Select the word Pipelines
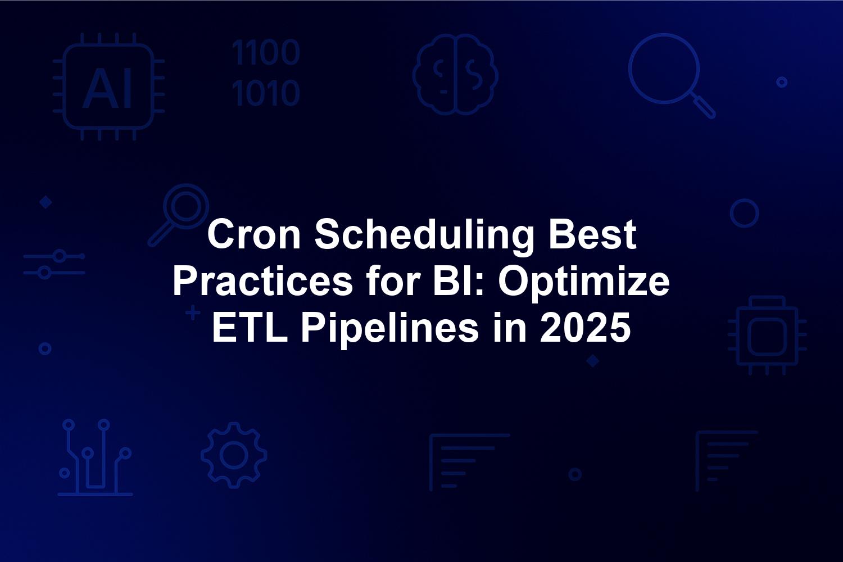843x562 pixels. [x=389, y=331]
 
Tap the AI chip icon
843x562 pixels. [x=108, y=87]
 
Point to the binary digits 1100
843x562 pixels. [x=266, y=52]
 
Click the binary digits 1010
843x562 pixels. [x=266, y=93]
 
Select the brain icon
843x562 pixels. [x=455, y=74]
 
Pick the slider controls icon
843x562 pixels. [x=54, y=264]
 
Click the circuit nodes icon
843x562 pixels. [x=95, y=457]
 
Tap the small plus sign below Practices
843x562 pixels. [x=193, y=313]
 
